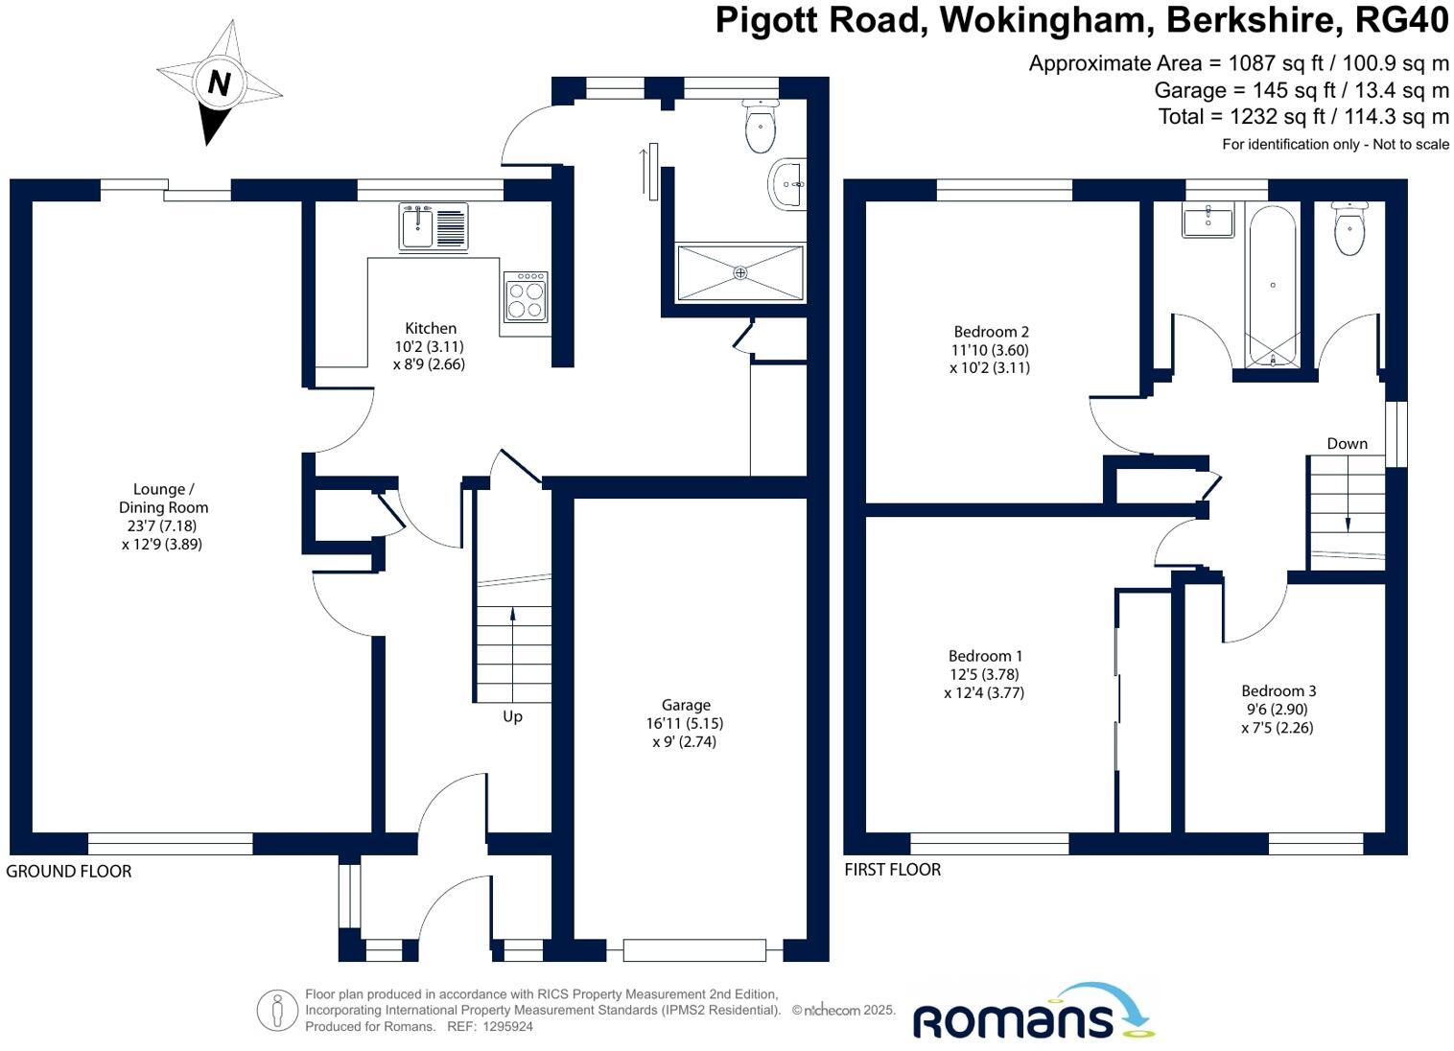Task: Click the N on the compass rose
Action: tap(219, 83)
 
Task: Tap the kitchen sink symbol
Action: tap(434, 227)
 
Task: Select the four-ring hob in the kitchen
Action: tap(526, 297)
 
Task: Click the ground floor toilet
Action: tap(760, 128)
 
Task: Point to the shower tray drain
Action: tap(739, 273)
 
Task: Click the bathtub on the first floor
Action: tap(1273, 285)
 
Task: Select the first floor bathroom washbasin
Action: tap(1208, 222)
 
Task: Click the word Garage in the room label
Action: tap(685, 705)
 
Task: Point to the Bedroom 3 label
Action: tap(1278, 690)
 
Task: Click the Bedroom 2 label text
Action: tap(991, 332)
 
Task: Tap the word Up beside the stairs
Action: tap(512, 716)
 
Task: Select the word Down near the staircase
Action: tap(1347, 443)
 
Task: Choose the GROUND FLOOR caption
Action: tap(69, 871)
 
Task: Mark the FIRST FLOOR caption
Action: tap(892, 869)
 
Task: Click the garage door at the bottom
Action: tap(694, 950)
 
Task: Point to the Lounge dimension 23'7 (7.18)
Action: tap(163, 525)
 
